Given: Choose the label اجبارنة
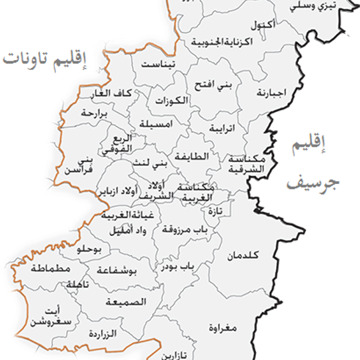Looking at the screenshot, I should [x=271, y=93].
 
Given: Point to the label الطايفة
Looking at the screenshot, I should [x=193, y=157].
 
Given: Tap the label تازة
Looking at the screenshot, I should [x=215, y=211].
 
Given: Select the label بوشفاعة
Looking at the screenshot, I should [x=117, y=271].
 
